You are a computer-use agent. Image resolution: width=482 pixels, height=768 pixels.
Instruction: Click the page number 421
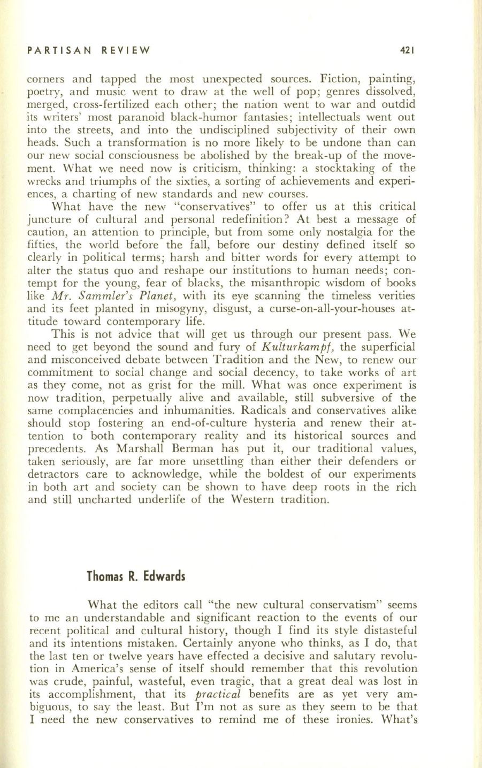[x=408, y=51]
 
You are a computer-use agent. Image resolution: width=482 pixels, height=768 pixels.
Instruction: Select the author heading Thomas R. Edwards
[x=136, y=577]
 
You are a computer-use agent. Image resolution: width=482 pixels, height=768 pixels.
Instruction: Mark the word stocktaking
[x=349, y=168]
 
